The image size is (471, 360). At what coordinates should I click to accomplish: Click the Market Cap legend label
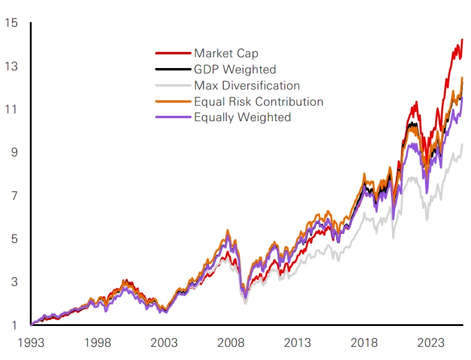(226, 54)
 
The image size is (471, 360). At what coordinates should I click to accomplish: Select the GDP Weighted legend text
(235, 70)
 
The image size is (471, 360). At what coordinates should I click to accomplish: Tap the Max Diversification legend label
(247, 85)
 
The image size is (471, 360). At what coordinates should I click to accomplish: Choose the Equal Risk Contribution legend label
(258, 101)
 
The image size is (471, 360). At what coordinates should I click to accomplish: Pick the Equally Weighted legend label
(242, 117)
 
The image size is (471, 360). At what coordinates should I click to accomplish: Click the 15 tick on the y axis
(10, 23)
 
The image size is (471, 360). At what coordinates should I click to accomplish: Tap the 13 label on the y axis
(10, 66)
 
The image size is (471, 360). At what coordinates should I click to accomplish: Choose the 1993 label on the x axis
(31, 343)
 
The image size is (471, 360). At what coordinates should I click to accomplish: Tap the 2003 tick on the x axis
(164, 343)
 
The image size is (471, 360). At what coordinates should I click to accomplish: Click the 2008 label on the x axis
(231, 343)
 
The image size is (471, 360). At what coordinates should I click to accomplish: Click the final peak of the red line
(462, 40)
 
